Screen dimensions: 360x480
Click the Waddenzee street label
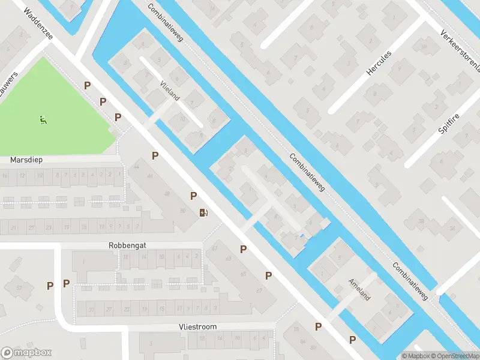tap(38, 23)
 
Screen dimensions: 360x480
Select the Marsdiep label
tap(26, 160)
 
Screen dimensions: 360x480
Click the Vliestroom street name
tap(197, 326)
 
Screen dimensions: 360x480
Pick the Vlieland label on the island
tap(170, 91)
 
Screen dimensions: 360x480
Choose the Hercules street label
tap(379, 63)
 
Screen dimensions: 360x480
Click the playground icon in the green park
tap(43, 120)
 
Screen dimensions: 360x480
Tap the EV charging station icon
tap(203, 212)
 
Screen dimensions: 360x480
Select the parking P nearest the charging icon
tap(194, 196)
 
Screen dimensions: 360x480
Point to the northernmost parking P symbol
tap(88, 86)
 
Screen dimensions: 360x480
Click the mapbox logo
tap(26, 353)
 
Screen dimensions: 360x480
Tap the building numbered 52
tap(19, 288)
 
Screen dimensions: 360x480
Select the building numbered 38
tap(421, 221)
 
